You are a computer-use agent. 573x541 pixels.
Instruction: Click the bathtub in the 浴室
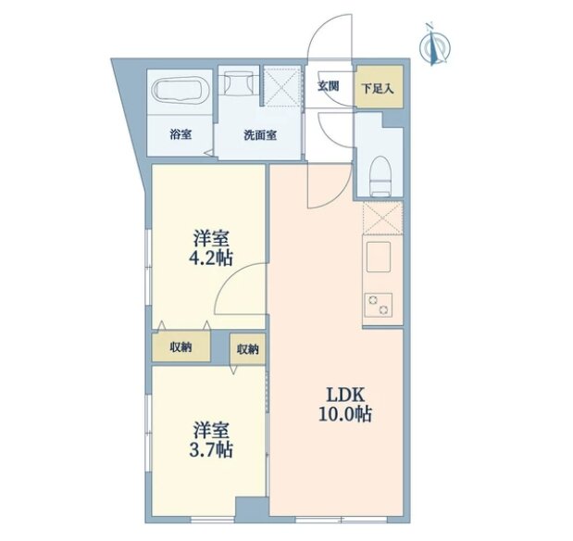coord(181,91)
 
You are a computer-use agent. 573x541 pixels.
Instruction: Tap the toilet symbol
coord(380,176)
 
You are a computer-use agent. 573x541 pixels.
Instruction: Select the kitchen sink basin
coord(379,257)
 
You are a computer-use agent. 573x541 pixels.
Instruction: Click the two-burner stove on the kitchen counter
coord(379,305)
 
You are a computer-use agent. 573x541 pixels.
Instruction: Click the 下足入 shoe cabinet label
coord(378,89)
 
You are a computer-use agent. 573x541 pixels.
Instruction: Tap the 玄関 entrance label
coord(329,86)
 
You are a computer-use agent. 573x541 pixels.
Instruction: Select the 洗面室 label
coord(260,135)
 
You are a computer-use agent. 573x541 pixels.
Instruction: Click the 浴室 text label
coord(181,134)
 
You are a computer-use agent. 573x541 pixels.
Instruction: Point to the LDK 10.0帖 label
coord(345,405)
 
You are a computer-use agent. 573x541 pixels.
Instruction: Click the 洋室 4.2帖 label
coord(211,248)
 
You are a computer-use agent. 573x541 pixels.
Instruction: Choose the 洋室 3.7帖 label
coord(211,440)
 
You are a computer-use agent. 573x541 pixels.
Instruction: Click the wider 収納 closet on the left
coord(181,346)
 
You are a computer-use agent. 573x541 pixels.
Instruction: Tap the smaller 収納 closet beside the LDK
coord(247,349)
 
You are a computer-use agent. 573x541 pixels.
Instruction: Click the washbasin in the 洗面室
coord(239,82)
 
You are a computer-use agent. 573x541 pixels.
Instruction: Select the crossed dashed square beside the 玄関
coord(282,86)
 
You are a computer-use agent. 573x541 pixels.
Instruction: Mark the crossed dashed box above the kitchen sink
coord(382,218)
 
